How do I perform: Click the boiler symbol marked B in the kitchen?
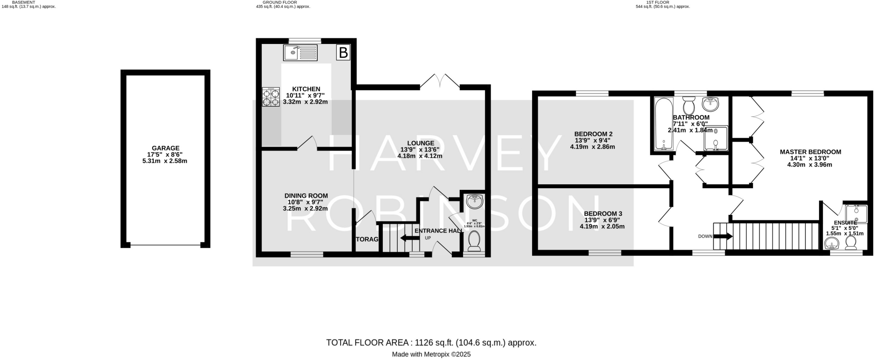tap(343, 53)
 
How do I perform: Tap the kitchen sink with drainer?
tap(300, 53)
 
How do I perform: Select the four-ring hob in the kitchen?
tap(271, 97)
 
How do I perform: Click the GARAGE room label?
tap(166, 148)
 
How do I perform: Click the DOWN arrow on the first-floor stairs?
tap(723, 236)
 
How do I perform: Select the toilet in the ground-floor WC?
tap(474, 241)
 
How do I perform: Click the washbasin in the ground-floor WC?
tap(475, 201)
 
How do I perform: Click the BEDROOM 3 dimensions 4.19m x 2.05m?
tap(602, 226)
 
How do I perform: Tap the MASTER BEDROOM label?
tap(810, 152)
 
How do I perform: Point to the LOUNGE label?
tap(420, 143)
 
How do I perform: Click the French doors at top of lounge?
tap(440, 82)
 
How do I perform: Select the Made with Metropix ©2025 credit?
tap(431, 354)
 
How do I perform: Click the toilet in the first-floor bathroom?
tap(688, 105)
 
